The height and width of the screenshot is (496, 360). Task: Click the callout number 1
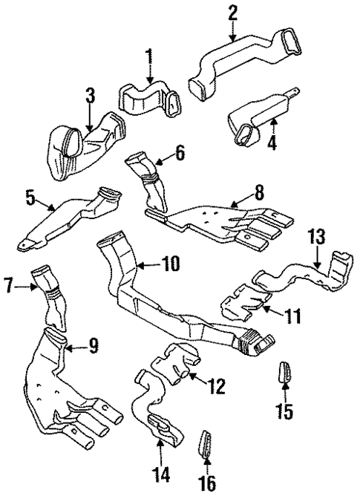coord(149,56)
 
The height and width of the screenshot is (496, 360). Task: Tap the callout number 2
coord(232,13)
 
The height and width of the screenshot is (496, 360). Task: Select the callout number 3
coord(91,95)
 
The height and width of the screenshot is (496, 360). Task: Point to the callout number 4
coord(272,140)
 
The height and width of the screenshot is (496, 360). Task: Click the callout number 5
coord(30,198)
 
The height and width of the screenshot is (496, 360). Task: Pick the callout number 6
coord(179,154)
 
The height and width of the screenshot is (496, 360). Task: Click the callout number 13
coord(316,237)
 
